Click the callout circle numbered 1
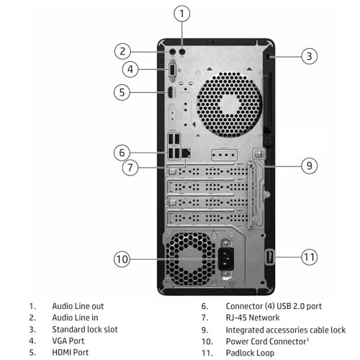[x=183, y=13]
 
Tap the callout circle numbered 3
[x=308, y=55]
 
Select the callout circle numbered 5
[x=123, y=91]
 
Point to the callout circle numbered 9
[x=308, y=166]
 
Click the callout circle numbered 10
[x=123, y=258]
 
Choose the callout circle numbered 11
[x=308, y=256]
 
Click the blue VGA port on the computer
[x=173, y=71]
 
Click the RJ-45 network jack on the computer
[x=186, y=152]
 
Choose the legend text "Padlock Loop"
[x=251, y=352]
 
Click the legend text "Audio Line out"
[x=78, y=306]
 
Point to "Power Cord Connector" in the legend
[x=266, y=341]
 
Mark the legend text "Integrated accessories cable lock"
[x=286, y=329]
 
